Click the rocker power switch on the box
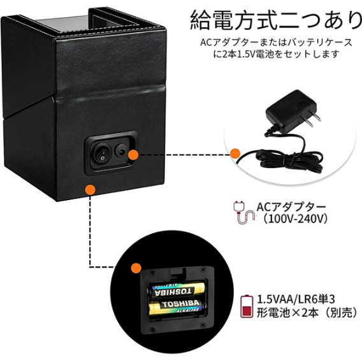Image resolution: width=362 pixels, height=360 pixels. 101,153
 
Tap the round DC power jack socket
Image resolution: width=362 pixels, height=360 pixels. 120,150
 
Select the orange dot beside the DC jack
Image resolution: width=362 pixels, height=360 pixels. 133,155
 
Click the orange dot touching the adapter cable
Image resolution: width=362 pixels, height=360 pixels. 235,153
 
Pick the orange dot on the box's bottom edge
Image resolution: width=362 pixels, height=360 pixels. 90,189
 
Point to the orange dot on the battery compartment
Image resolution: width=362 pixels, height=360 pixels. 136,268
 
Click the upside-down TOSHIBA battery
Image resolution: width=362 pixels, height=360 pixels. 176,289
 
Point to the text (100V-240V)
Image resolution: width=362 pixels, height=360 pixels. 295,219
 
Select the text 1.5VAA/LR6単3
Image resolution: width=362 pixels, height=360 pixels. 296,299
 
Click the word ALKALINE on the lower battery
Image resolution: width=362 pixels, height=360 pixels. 187,310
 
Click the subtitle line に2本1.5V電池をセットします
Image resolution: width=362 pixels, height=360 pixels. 277,54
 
